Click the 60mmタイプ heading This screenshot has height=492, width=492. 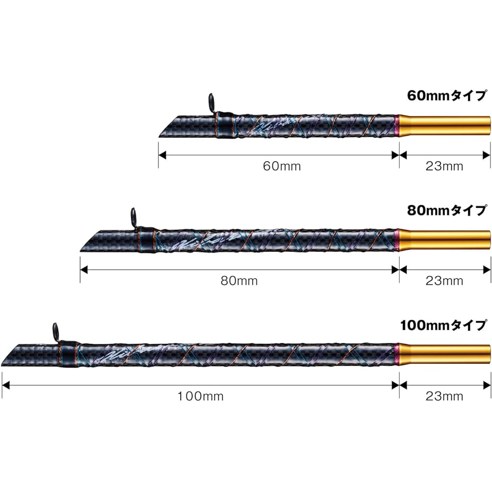[447, 96]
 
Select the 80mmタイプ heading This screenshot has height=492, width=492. [447, 211]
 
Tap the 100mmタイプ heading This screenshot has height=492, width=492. [444, 325]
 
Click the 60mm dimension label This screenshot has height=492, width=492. [282, 166]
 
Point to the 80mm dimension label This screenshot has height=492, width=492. [239, 280]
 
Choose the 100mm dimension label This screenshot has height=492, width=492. [201, 396]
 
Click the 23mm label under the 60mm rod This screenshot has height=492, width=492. [444, 166]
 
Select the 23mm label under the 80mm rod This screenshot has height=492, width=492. [444, 280]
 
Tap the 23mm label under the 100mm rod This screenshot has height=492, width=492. [444, 396]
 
